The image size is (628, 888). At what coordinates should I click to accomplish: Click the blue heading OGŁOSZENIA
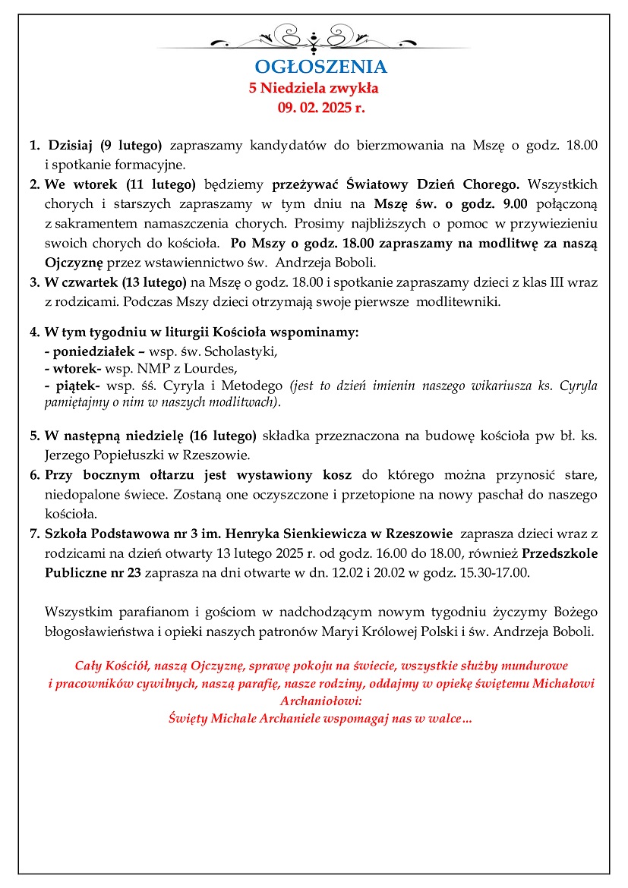[320, 67]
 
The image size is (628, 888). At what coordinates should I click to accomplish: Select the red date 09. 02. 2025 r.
[321, 108]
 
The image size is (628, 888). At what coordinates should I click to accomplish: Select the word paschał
[440, 495]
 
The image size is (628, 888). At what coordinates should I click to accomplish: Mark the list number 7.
[34, 534]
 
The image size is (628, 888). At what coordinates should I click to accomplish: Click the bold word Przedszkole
[560, 554]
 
